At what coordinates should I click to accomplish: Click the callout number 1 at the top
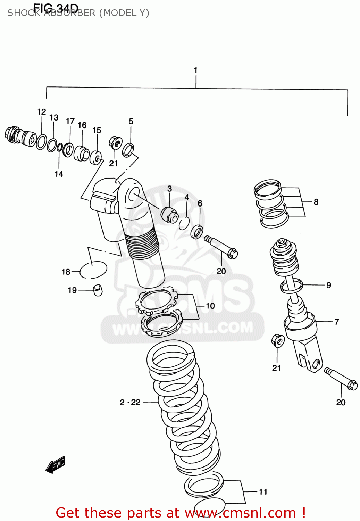pos(195,70)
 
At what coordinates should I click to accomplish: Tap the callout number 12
pos(41,112)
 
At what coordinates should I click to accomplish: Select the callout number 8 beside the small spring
pos(316,202)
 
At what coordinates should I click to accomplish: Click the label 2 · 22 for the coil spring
pos(130,402)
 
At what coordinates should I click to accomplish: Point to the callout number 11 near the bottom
pos(263,492)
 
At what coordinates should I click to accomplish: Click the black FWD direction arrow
pos(56,465)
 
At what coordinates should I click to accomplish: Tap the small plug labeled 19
pos(98,290)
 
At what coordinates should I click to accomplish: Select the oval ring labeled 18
pos(93,270)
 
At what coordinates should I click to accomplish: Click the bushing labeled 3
pos(169,214)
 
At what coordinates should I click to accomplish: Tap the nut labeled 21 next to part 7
pos(278,340)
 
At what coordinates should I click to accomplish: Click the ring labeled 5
pos(128,149)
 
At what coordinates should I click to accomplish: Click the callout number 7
pos(336,322)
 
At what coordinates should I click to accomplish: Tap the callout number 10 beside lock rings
pos(210,306)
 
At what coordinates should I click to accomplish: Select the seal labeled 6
pos(197,232)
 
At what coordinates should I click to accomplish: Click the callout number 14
pos(59,174)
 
